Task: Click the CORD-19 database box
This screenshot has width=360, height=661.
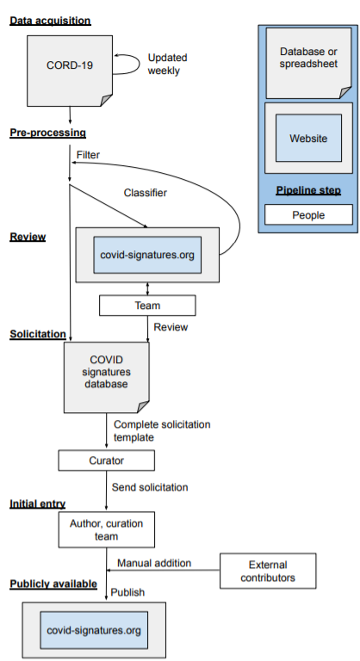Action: (x=70, y=71)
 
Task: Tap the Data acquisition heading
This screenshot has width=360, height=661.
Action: (x=50, y=21)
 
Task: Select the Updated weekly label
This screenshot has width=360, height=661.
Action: (x=168, y=64)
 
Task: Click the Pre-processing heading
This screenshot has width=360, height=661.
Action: (x=47, y=133)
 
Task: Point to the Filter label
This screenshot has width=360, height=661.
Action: (x=88, y=155)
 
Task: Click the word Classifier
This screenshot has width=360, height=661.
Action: (x=146, y=193)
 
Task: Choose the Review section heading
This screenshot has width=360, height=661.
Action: (x=28, y=237)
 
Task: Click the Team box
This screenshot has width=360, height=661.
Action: (x=147, y=306)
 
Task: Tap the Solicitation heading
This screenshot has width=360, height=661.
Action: (x=38, y=334)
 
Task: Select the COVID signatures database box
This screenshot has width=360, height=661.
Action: (x=106, y=377)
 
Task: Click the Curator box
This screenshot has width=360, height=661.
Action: (x=106, y=460)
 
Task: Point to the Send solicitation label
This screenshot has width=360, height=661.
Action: (x=150, y=487)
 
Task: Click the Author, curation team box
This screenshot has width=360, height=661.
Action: (x=106, y=530)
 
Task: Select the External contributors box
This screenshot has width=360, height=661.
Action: (x=268, y=571)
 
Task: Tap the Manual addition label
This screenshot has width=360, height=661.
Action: (x=154, y=563)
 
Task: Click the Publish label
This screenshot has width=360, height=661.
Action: (x=127, y=592)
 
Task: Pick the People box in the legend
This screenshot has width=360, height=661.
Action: (x=308, y=215)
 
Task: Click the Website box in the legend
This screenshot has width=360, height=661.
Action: (x=308, y=138)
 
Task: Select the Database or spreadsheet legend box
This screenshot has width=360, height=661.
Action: (x=308, y=63)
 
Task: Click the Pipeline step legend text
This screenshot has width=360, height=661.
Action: (x=308, y=190)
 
